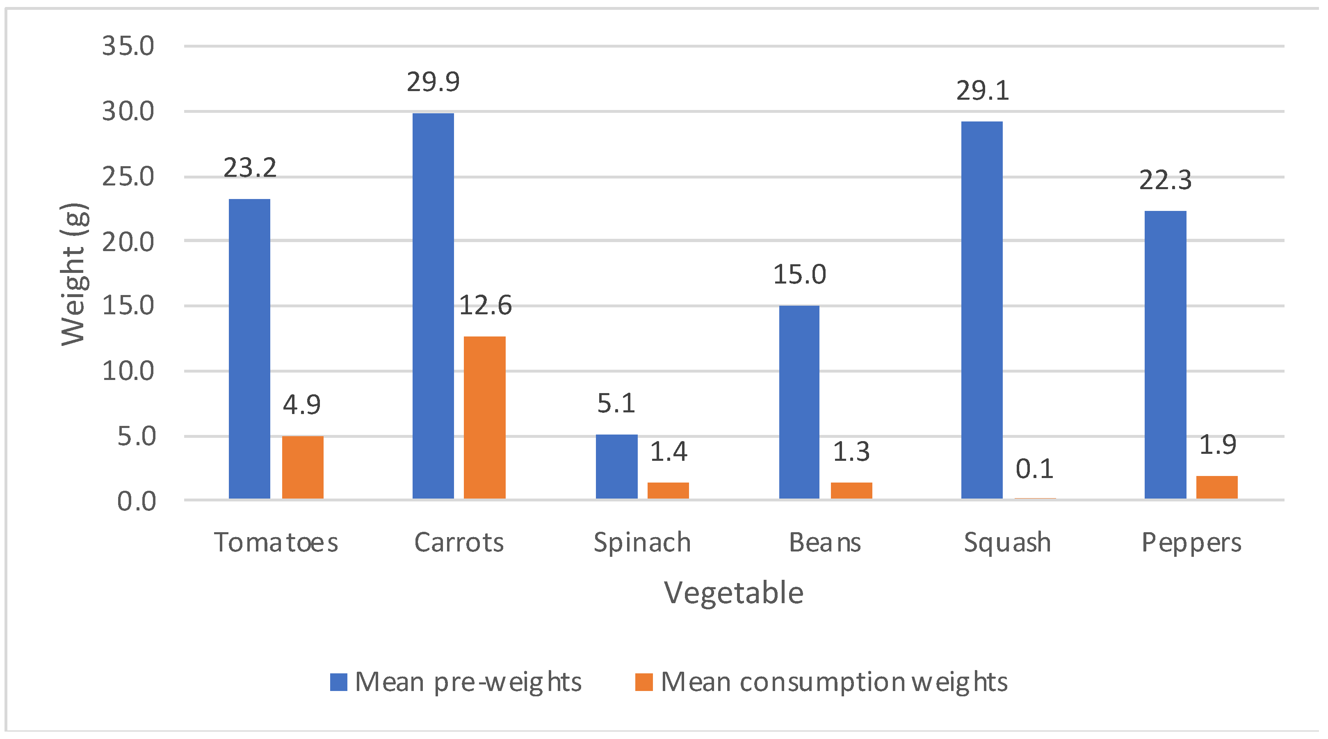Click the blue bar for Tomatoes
249,349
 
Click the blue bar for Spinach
616,466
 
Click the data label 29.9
433,82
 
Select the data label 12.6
485,305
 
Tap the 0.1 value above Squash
1034,469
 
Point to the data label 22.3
1165,181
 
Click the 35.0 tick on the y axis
128,46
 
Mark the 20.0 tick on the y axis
128,242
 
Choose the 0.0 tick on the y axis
136,502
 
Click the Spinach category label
642,542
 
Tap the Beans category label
825,542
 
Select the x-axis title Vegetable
734,593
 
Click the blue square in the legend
339,682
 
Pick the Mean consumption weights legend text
834,682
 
